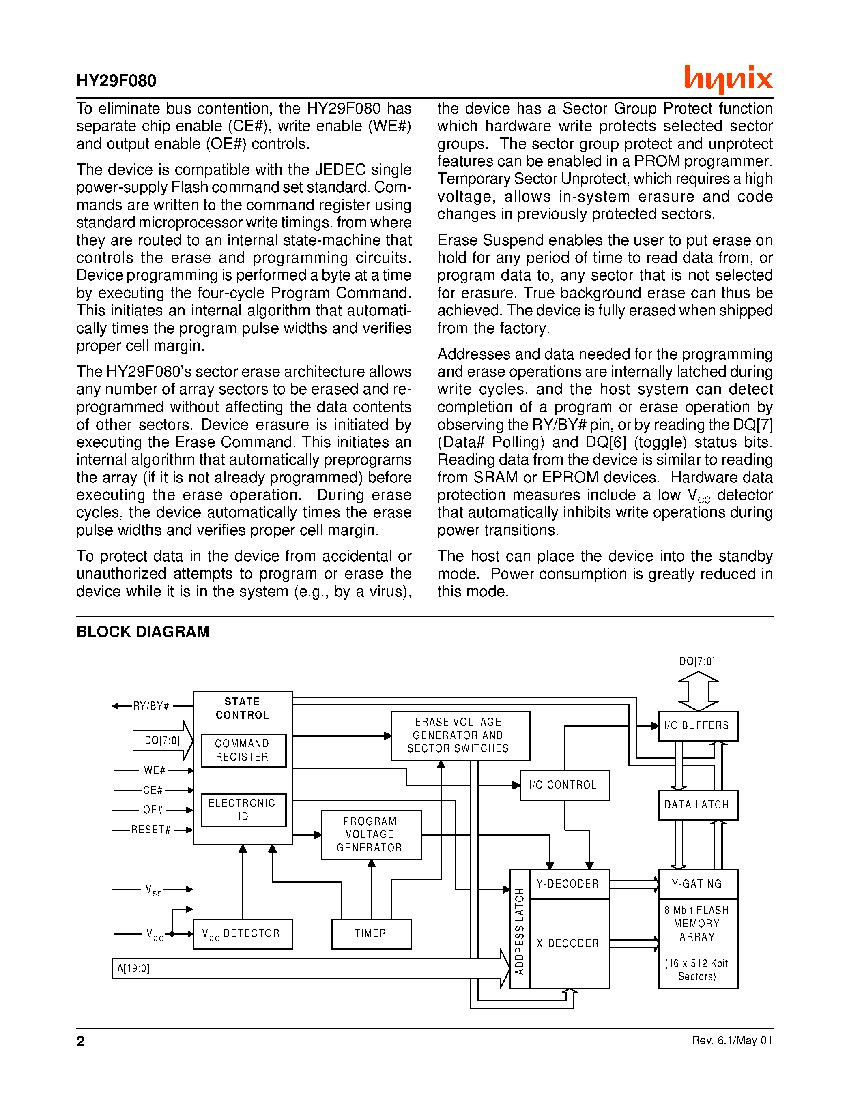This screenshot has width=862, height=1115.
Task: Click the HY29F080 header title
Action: coord(116,81)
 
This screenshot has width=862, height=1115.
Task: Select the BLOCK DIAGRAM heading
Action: coord(143,632)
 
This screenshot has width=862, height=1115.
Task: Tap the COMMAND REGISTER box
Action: coord(243,750)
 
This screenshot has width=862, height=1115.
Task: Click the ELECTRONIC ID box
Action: coord(243,809)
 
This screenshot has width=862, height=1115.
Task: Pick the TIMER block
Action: coord(371,933)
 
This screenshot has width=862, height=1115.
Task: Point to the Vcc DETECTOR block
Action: coord(243,934)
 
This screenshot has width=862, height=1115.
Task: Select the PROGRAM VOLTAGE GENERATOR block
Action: coord(371,834)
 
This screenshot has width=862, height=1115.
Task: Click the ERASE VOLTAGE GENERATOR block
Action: coord(460,735)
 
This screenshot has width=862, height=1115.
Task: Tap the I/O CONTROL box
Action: coord(564,785)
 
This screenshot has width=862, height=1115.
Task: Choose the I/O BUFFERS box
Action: coord(698,725)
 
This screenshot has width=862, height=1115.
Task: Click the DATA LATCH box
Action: coord(698,804)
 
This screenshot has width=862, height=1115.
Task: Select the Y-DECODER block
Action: coord(568,884)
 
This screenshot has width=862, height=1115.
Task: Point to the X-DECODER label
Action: coord(568,943)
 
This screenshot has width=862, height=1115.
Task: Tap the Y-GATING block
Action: coord(698,884)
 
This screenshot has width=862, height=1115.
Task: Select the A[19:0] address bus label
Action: coord(133,968)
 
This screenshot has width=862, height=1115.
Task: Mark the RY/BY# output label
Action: coord(151,706)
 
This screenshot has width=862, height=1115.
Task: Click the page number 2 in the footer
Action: coord(81,1041)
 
